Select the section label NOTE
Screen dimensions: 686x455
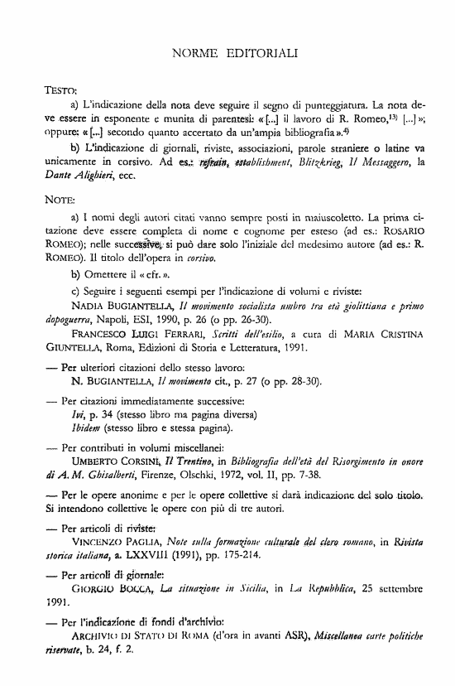[x=59, y=200]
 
